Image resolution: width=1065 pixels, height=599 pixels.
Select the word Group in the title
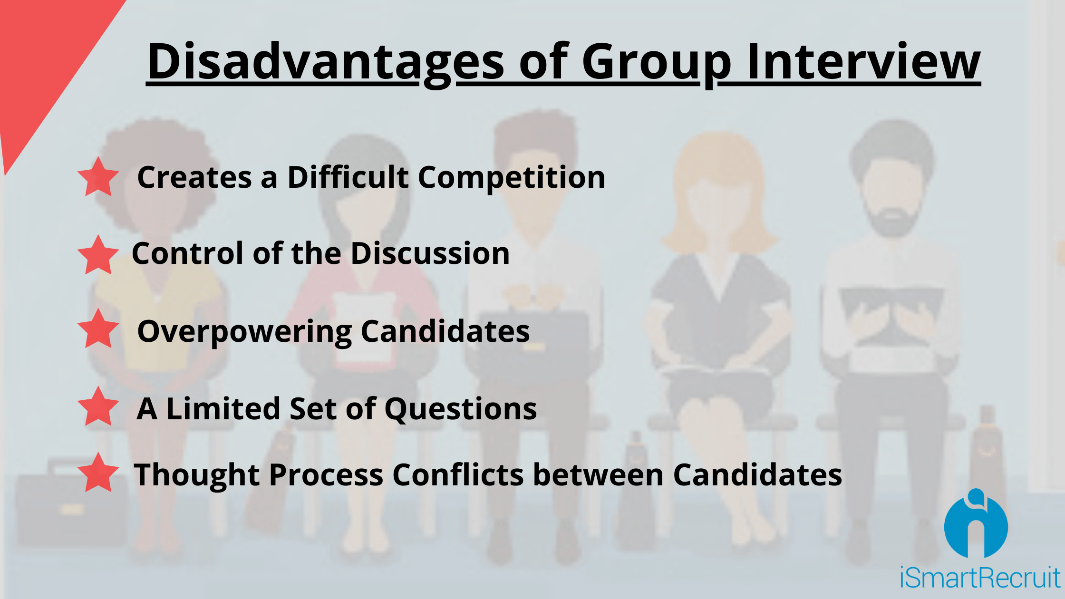tap(657, 64)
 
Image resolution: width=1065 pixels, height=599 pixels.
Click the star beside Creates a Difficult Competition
tap(98, 177)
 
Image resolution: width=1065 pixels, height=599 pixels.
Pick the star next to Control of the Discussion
tap(98, 255)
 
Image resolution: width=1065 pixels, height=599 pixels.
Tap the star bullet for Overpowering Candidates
tap(98, 328)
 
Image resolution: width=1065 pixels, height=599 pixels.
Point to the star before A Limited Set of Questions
tap(98, 406)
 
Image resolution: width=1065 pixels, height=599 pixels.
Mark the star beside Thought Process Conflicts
tap(98, 473)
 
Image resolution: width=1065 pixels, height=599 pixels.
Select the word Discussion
tap(430, 253)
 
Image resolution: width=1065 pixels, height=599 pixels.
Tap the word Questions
tap(461, 410)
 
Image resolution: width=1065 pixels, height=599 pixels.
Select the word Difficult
tap(348, 177)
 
